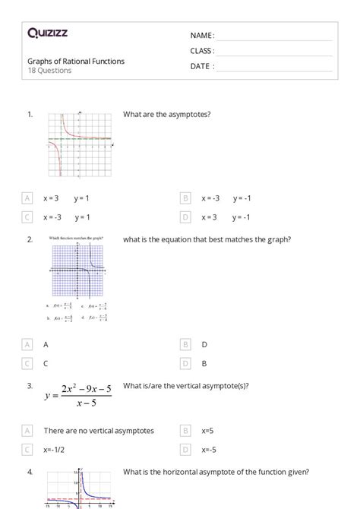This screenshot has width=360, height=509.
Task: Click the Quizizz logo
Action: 47,33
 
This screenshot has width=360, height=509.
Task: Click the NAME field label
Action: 202,36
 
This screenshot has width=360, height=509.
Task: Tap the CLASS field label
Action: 202,51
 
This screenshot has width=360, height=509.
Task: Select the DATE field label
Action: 201,66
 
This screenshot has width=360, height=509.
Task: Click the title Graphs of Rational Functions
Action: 76,61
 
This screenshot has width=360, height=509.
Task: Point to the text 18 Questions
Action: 49,71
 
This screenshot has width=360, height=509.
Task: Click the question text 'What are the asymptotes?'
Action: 166,115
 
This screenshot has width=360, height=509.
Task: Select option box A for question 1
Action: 28,198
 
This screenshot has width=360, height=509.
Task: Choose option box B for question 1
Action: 185,198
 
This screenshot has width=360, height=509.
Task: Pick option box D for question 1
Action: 185,217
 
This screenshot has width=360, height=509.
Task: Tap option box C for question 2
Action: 28,363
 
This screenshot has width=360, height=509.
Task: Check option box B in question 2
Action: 185,363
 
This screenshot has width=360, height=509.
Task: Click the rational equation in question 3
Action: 78,394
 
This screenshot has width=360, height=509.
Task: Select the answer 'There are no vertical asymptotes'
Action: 99,431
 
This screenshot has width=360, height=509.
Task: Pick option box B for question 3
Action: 185,431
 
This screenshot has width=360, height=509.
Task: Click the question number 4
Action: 30,472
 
